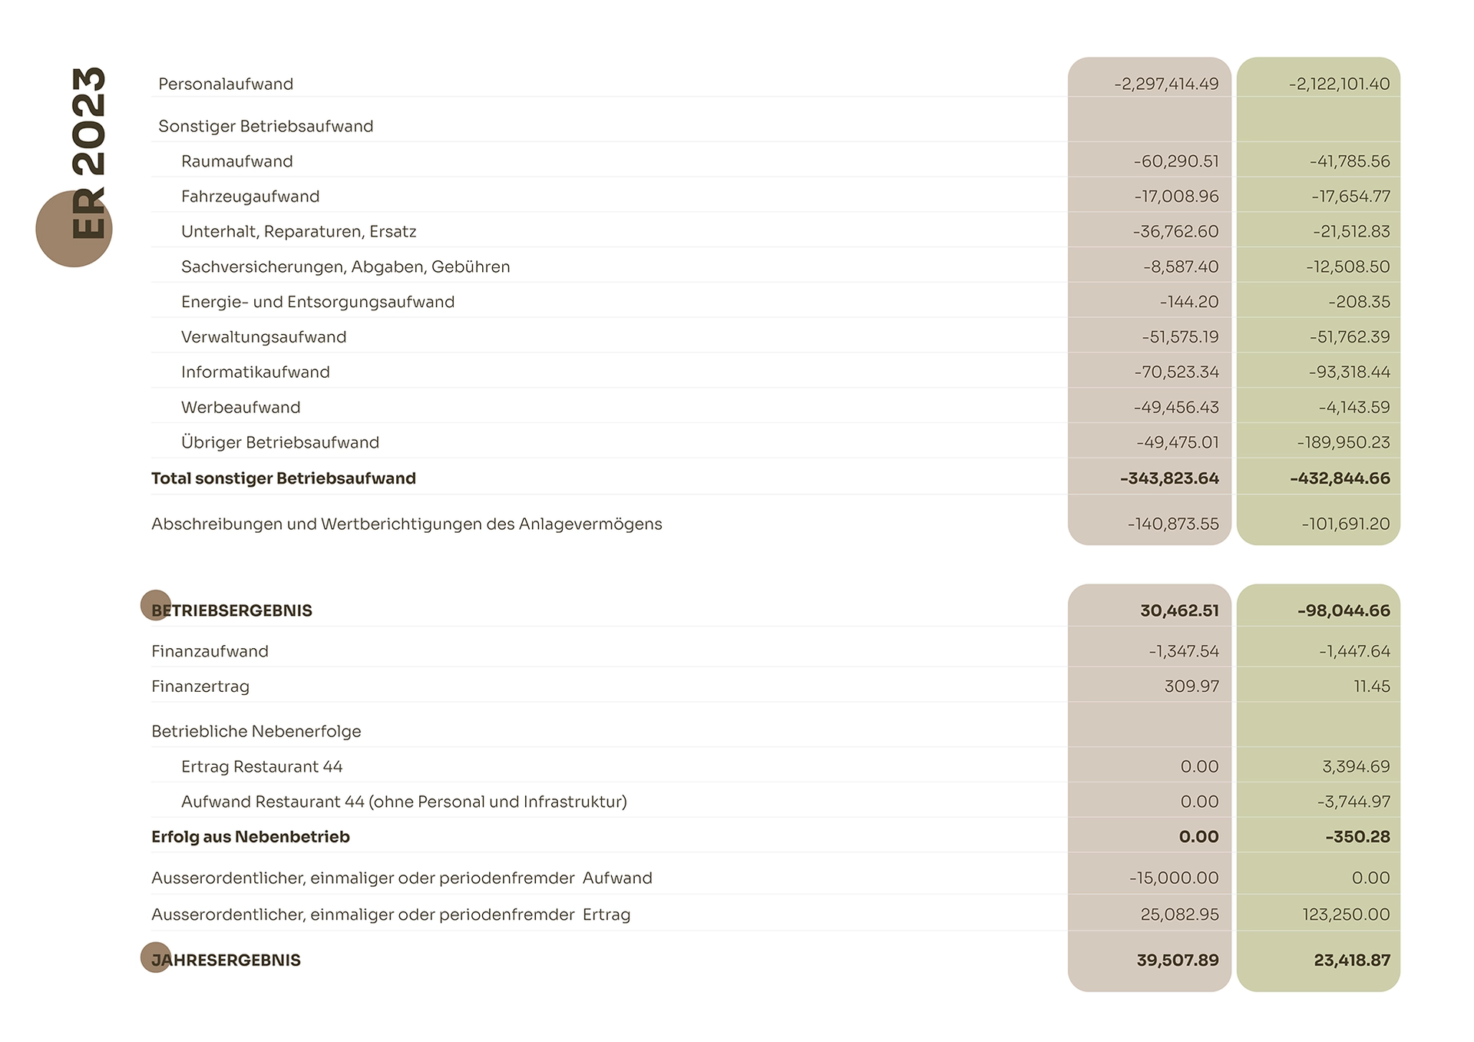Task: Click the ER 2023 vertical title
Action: [88, 153]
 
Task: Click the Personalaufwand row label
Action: [226, 84]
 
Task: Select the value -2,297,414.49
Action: [1166, 84]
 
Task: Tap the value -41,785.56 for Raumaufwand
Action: [1350, 161]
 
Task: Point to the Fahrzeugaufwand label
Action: [250, 197]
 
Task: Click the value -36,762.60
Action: [1175, 232]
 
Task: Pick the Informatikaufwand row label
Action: [256, 372]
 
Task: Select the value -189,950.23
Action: [1343, 442]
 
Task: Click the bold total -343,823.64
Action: [1169, 478]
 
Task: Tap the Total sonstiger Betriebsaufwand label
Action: [283, 478]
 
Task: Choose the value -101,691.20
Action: [1346, 524]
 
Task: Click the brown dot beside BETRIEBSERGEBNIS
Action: [156, 605]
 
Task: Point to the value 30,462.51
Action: [1179, 610]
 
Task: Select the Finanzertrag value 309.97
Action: [1191, 686]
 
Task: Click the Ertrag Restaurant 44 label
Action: [262, 766]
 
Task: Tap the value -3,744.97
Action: [1353, 802]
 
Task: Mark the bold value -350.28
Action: [1357, 837]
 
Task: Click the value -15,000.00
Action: [1174, 878]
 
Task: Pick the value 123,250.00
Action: [1346, 915]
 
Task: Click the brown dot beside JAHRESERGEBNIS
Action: [156, 958]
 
